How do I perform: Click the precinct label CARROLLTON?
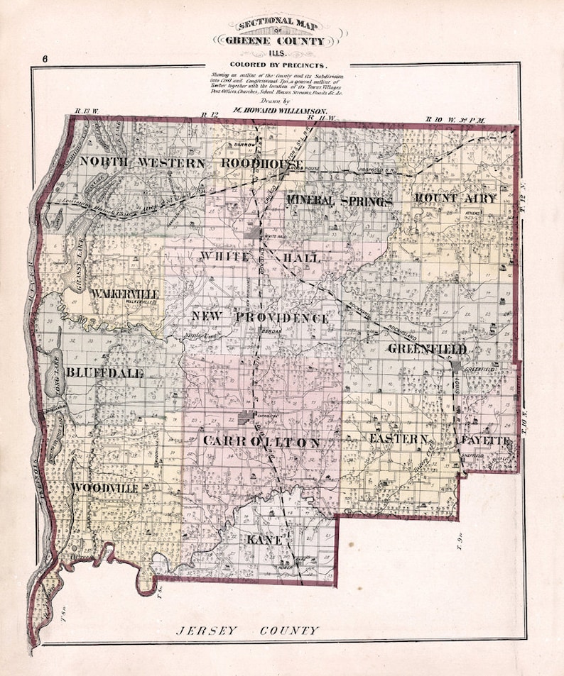(x=261, y=442)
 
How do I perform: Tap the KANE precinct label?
(x=266, y=541)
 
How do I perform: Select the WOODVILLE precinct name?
(x=104, y=489)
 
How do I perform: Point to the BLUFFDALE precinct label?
(x=105, y=373)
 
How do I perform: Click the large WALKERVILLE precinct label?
(x=129, y=293)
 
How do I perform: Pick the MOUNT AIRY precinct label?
(x=455, y=199)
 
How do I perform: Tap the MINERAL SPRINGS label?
(x=340, y=201)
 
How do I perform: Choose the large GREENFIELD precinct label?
(x=427, y=349)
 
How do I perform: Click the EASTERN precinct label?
(x=398, y=440)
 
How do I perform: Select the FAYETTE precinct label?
(x=483, y=440)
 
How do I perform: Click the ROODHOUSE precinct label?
(x=261, y=163)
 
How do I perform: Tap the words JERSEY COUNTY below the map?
(x=247, y=630)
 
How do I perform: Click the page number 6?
(x=44, y=60)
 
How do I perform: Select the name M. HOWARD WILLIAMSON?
(x=280, y=111)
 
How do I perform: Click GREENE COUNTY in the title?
(x=282, y=41)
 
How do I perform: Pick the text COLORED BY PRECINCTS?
(x=282, y=65)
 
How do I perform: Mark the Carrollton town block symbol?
(x=246, y=417)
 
